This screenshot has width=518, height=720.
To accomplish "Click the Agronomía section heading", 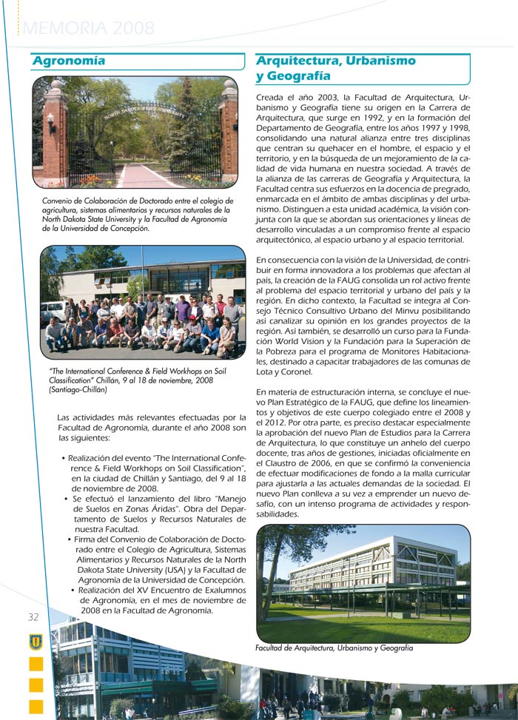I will pyautogui.click(x=69, y=61).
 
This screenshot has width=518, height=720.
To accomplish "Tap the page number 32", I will pyautogui.click(x=33, y=617).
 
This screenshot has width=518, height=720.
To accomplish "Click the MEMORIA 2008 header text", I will pyautogui.click(x=89, y=29).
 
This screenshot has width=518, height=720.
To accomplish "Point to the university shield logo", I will pyautogui.click(x=36, y=642).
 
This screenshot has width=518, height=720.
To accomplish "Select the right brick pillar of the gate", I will pyautogui.click(x=229, y=133).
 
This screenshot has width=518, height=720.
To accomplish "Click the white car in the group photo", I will pyautogui.click(x=53, y=311).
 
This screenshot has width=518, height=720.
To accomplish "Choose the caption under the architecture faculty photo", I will pyautogui.click(x=334, y=648).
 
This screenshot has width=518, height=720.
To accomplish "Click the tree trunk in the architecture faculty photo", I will pyautogui.click(x=266, y=585).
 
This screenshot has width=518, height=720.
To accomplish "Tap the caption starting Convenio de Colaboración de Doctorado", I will pyautogui.click(x=138, y=215).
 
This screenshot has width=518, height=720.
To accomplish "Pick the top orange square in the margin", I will pyautogui.click(x=36, y=665).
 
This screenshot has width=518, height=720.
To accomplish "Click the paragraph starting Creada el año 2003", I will pyautogui.click(x=363, y=169).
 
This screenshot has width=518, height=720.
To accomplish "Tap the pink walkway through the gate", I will pyautogui.click(x=141, y=176).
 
